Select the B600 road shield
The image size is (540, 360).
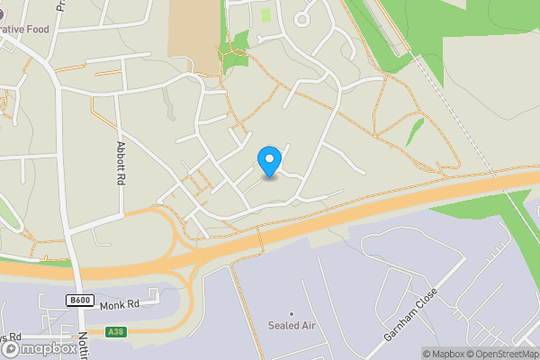(x=79, y=301)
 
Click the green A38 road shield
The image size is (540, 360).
(x=115, y=332)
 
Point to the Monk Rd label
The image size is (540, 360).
(x=119, y=305)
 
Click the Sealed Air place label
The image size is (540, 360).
(x=292, y=325)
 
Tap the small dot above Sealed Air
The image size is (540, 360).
(x=291, y=313)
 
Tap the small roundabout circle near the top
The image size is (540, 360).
(x=301, y=18)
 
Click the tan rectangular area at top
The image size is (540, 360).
(x=193, y=31)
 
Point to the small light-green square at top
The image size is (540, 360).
(x=265, y=14)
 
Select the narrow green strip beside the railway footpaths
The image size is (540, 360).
(x=414, y=131)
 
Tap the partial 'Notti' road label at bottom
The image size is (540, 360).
(x=83, y=343)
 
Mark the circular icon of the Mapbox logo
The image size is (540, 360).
(x=10, y=348)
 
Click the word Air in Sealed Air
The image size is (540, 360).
(x=306, y=325)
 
